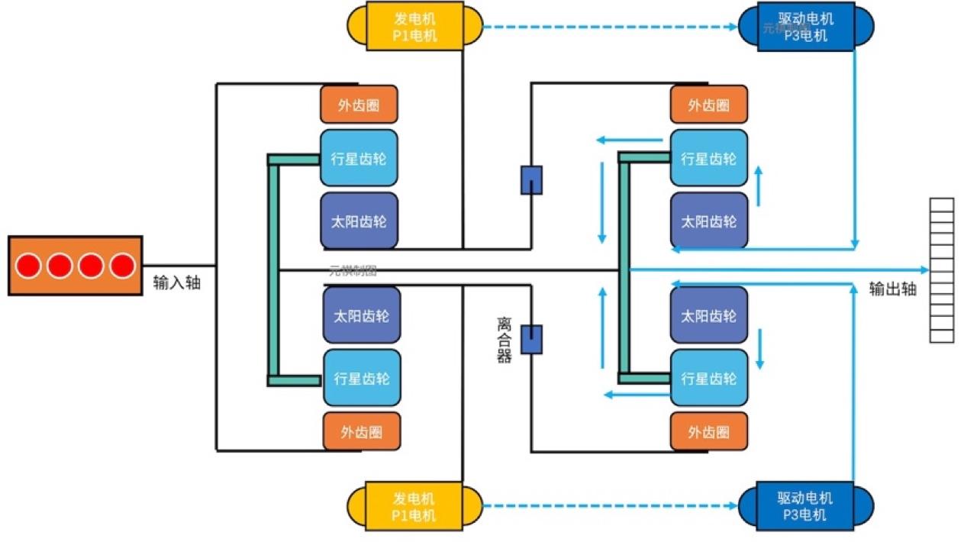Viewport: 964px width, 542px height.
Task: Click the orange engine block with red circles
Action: click(75, 266)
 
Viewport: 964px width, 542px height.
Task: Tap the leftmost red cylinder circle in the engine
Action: click(29, 266)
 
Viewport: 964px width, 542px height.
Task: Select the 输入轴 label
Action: click(177, 282)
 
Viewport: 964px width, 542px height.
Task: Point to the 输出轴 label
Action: click(893, 289)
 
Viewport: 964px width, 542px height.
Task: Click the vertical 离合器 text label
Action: click(504, 340)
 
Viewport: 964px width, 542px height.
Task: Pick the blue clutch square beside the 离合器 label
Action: click(531, 339)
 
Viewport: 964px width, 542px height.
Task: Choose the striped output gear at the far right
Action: click(941, 269)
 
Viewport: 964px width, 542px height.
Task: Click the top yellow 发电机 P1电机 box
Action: click(414, 26)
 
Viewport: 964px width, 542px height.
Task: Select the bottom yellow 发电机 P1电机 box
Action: click(414, 506)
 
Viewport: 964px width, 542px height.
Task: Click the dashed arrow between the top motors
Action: click(611, 27)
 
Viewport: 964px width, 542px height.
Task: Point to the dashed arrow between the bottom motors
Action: click(611, 505)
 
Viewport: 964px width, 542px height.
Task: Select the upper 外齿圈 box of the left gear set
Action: click(359, 105)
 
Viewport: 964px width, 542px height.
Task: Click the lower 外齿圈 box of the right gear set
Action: click(708, 432)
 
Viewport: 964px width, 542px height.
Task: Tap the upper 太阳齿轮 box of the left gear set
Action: click(359, 221)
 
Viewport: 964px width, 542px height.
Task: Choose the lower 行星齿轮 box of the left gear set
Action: click(361, 378)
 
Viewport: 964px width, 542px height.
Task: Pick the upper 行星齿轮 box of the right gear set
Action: click(708, 158)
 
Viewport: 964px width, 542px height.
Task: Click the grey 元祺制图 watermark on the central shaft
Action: click(353, 269)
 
